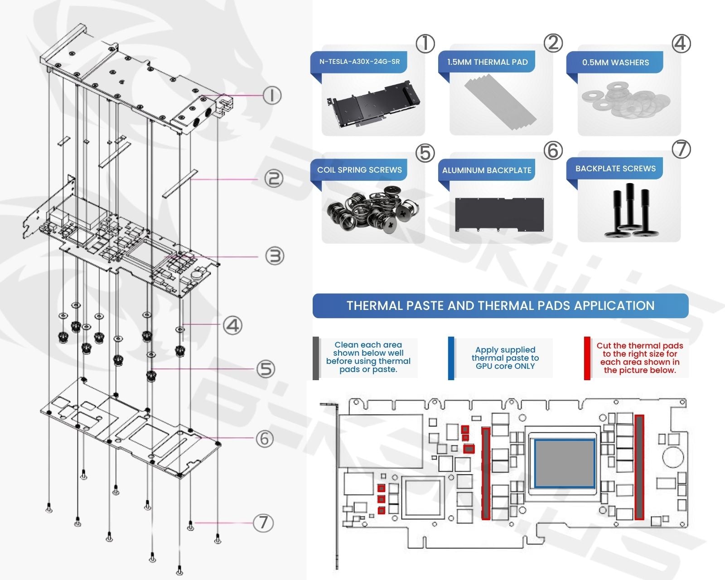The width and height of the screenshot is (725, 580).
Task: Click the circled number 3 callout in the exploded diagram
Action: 274,256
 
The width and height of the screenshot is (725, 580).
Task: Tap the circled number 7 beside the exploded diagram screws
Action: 263,523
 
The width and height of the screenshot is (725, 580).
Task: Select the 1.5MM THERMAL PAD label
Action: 487,62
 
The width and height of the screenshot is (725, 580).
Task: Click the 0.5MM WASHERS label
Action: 615,63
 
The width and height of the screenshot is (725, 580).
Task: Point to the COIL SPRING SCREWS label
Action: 359,170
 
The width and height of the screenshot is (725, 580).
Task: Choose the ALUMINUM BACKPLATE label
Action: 487,170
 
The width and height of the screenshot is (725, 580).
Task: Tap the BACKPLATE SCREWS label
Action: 615,169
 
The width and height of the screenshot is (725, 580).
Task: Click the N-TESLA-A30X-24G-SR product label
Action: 359,62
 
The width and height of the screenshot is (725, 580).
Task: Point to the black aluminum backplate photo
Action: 499,214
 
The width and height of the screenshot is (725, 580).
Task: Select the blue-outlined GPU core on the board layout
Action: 565,463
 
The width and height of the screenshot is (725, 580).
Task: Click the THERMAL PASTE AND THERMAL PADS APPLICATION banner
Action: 500,306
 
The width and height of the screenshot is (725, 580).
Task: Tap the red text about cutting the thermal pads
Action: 639,358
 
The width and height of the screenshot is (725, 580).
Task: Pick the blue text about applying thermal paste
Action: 505,358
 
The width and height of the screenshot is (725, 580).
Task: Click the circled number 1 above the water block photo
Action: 425,43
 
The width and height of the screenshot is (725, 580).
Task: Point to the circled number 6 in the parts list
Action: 553,150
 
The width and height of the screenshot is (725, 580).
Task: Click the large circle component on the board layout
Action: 673,457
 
